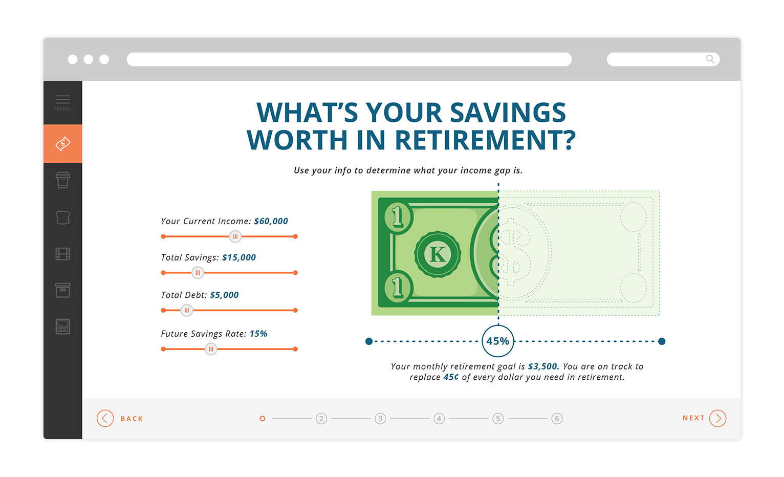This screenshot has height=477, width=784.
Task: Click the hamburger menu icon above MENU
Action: [x=62, y=99]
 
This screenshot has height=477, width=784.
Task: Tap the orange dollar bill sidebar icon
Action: [x=63, y=143]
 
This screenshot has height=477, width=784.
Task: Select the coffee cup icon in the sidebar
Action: [x=63, y=180]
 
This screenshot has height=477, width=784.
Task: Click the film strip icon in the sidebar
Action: [x=63, y=254]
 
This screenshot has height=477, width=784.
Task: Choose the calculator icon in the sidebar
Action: [x=63, y=327]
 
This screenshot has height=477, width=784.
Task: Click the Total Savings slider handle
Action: [x=198, y=273]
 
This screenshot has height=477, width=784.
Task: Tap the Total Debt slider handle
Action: [x=187, y=311]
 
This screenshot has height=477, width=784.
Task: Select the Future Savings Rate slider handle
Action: [x=211, y=349]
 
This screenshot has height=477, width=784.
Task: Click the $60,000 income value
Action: [x=271, y=221]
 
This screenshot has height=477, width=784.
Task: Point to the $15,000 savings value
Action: [x=238, y=257]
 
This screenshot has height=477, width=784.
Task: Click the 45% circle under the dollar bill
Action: [x=498, y=341]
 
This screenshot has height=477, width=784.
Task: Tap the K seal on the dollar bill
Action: [x=438, y=254]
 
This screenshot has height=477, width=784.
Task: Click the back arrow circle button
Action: [x=105, y=418]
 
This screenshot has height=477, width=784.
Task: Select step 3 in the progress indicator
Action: [x=380, y=418]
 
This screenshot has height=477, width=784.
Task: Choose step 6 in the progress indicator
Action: [x=557, y=418]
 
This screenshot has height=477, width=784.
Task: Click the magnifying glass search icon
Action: [x=710, y=59]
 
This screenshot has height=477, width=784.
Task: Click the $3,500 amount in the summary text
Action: [x=543, y=366]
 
